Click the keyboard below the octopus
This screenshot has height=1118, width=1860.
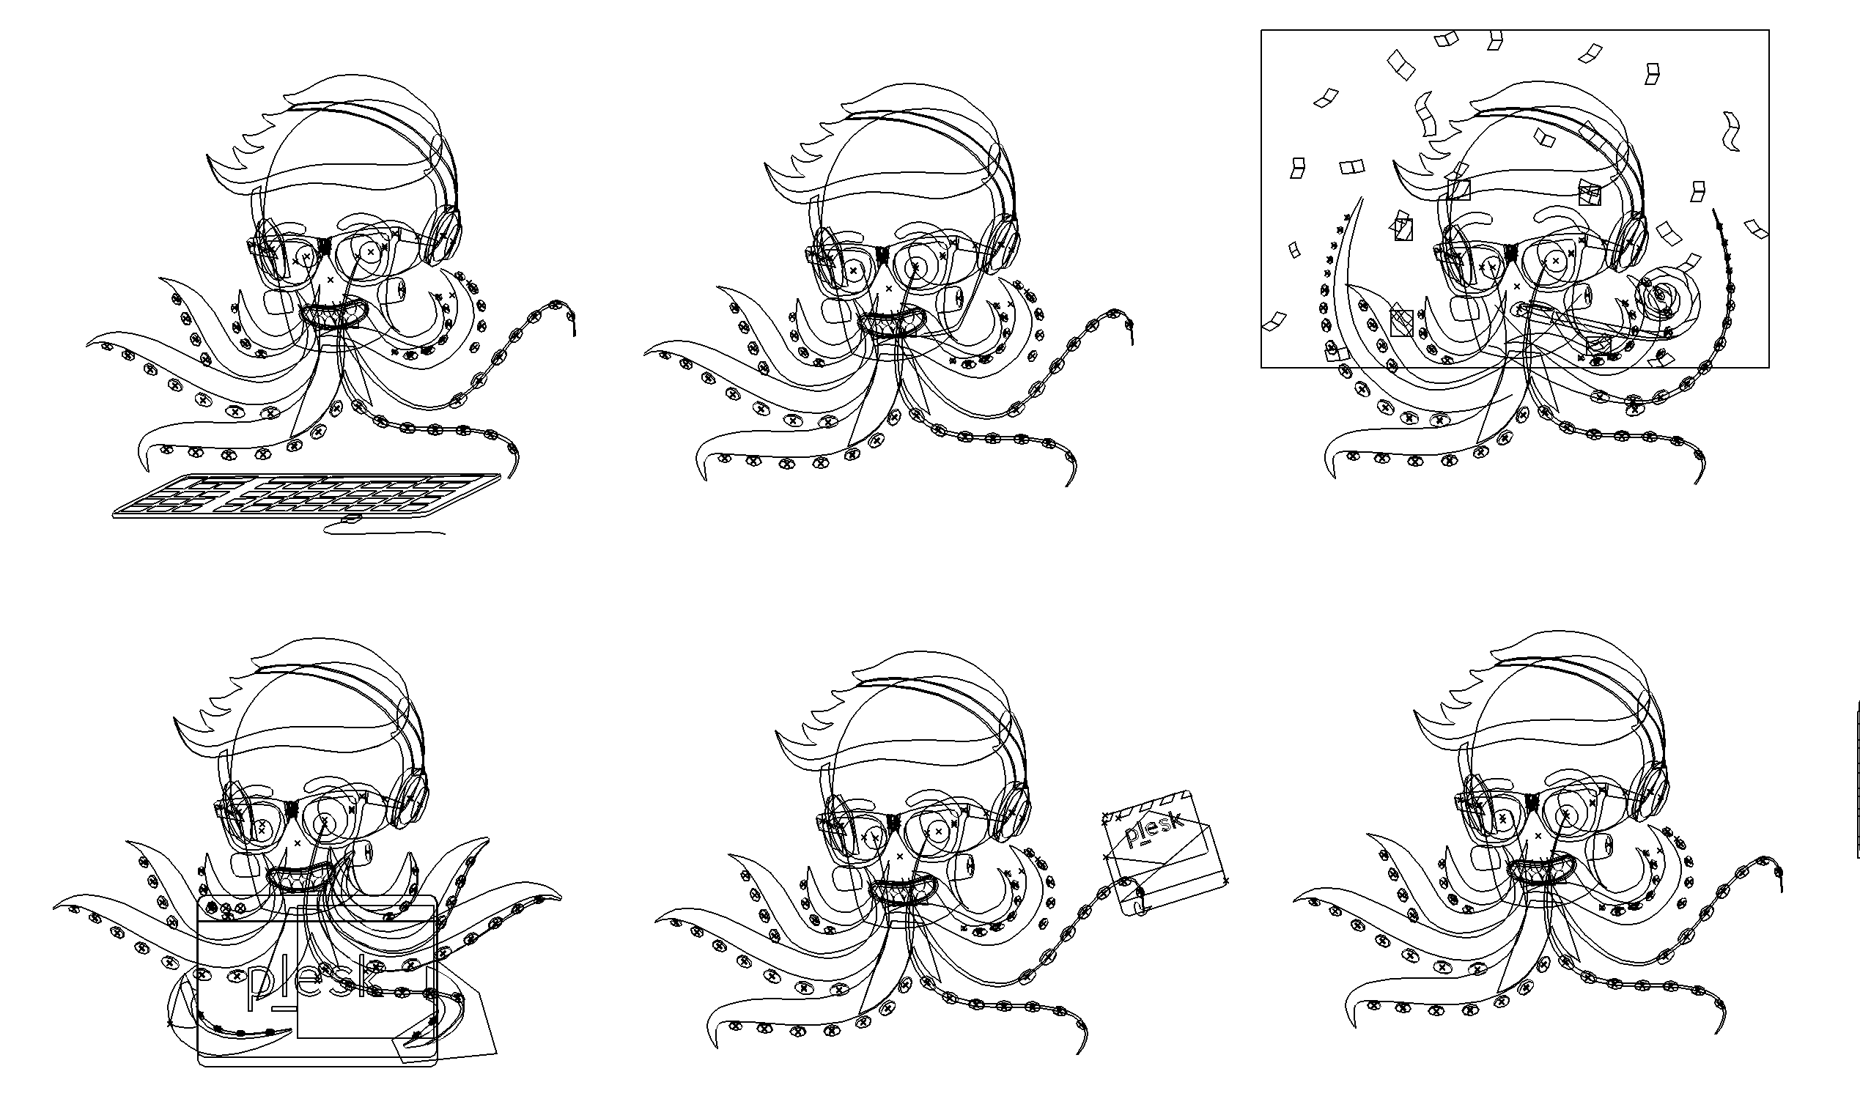[305, 496]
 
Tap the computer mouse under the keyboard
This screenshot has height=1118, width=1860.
[351, 519]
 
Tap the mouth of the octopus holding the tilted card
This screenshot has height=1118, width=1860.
[902, 890]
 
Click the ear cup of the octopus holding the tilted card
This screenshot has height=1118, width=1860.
[1011, 812]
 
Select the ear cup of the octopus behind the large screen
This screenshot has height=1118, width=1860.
[409, 799]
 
